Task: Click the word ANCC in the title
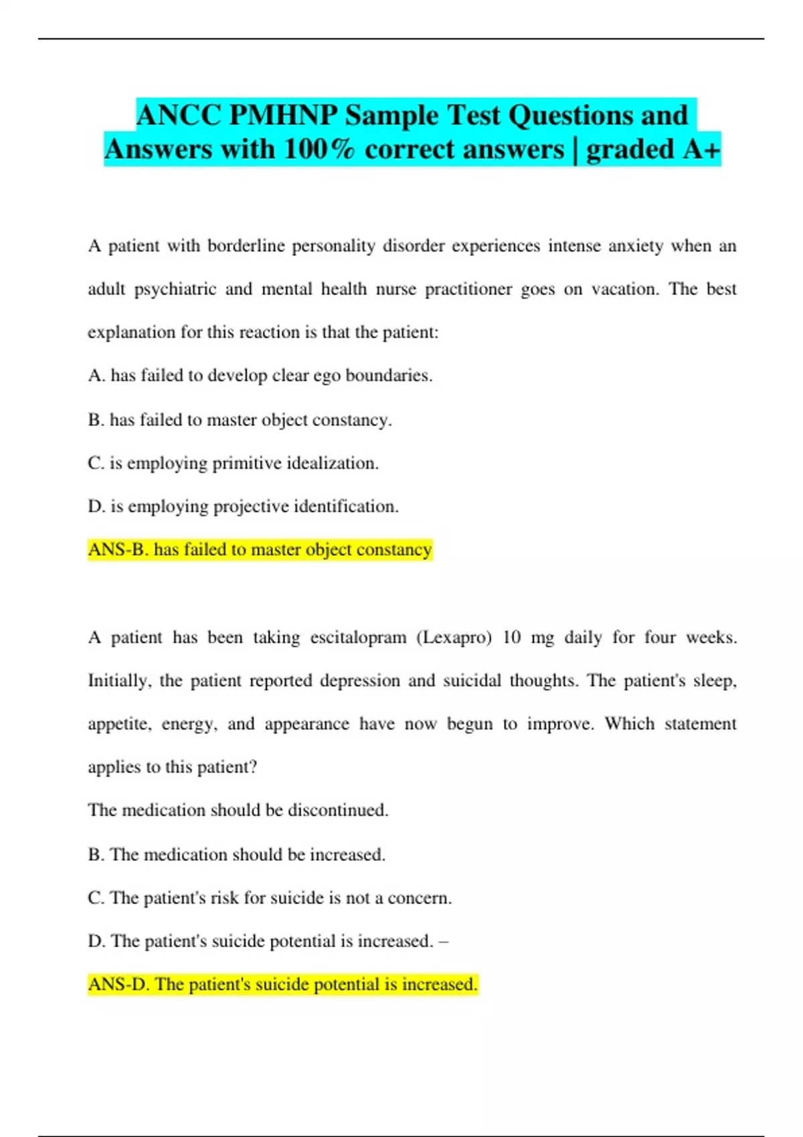click(179, 116)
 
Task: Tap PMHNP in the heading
click(284, 116)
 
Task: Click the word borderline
click(246, 246)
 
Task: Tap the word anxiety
click(636, 246)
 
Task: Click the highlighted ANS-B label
click(118, 550)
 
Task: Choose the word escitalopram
click(358, 637)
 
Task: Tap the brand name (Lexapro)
click(454, 637)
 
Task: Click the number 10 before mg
click(511, 637)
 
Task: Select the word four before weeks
click(660, 637)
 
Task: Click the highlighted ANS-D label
click(118, 985)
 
